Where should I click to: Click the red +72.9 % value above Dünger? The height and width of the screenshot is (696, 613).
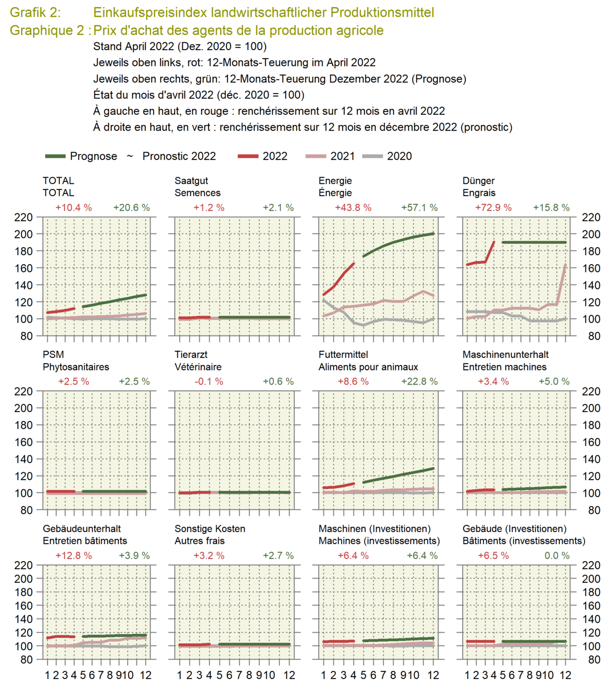(x=493, y=207)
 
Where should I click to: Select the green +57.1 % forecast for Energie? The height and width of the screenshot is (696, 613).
(x=419, y=207)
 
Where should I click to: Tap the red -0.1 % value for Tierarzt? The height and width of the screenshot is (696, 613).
(x=208, y=381)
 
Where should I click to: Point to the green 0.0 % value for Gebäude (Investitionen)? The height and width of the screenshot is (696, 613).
(x=557, y=556)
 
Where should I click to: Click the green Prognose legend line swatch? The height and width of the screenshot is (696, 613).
(x=55, y=156)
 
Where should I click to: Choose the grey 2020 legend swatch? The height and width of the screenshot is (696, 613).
(x=372, y=156)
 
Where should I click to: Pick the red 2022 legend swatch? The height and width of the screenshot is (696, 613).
(x=248, y=156)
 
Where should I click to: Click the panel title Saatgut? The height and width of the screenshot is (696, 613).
(x=192, y=181)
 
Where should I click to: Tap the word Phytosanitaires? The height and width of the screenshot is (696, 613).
(x=76, y=367)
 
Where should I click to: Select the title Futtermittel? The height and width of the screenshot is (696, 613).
(x=343, y=354)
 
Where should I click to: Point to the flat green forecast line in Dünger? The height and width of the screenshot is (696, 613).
(x=534, y=243)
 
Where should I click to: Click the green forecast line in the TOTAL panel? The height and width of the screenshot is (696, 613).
(x=114, y=301)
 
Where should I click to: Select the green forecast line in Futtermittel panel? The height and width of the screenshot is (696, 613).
(x=398, y=475)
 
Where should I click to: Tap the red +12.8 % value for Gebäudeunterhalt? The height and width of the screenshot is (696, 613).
(x=74, y=556)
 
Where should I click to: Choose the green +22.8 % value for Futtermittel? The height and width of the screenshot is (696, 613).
(x=419, y=381)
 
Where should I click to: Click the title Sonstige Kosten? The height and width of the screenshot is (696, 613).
(x=209, y=529)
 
